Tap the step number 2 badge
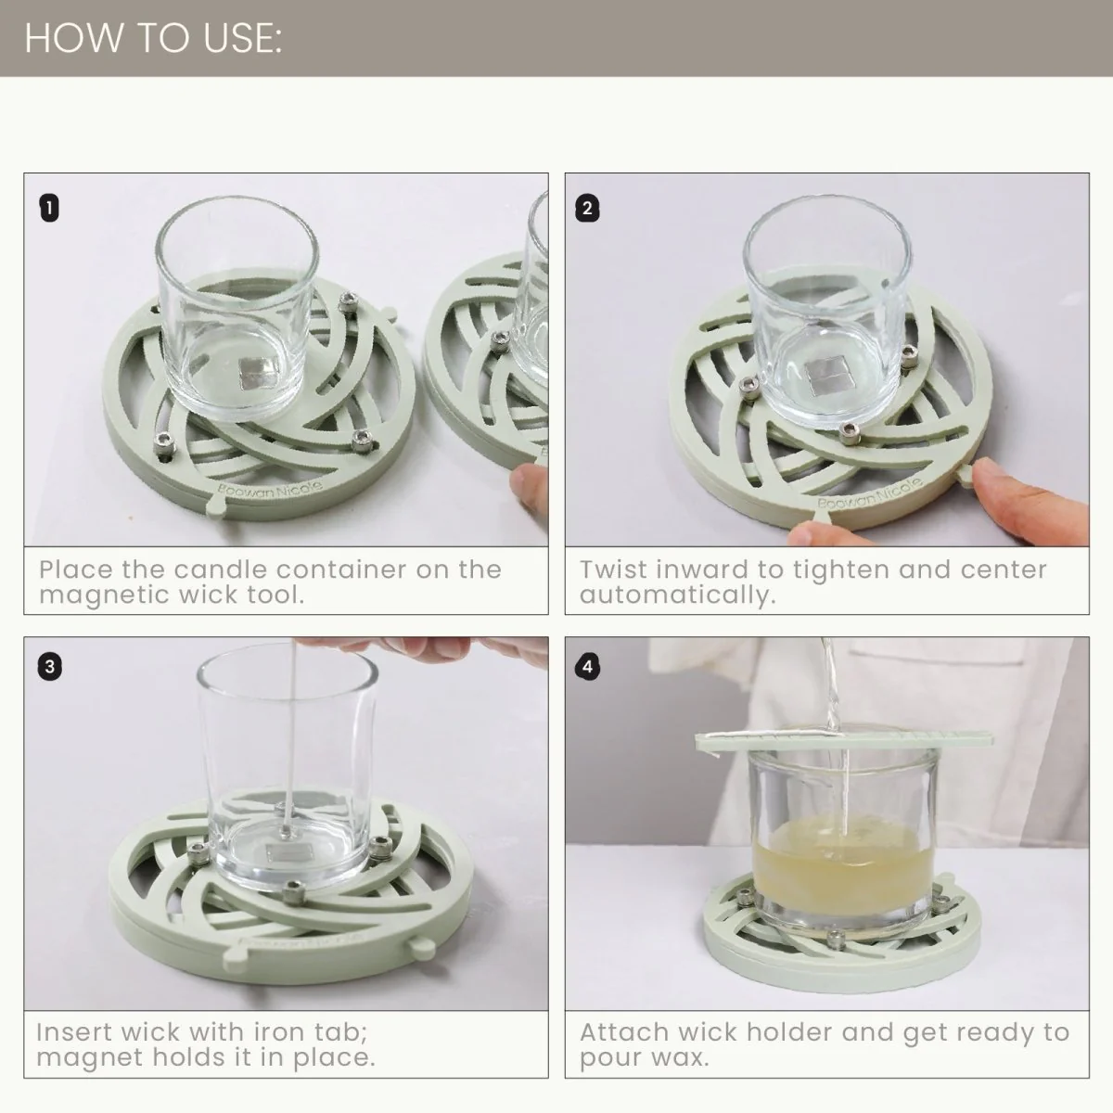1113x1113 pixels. (586, 208)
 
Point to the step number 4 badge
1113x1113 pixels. (586, 666)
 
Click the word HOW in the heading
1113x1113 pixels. (65, 39)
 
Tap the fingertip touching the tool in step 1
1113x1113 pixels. (529, 484)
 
